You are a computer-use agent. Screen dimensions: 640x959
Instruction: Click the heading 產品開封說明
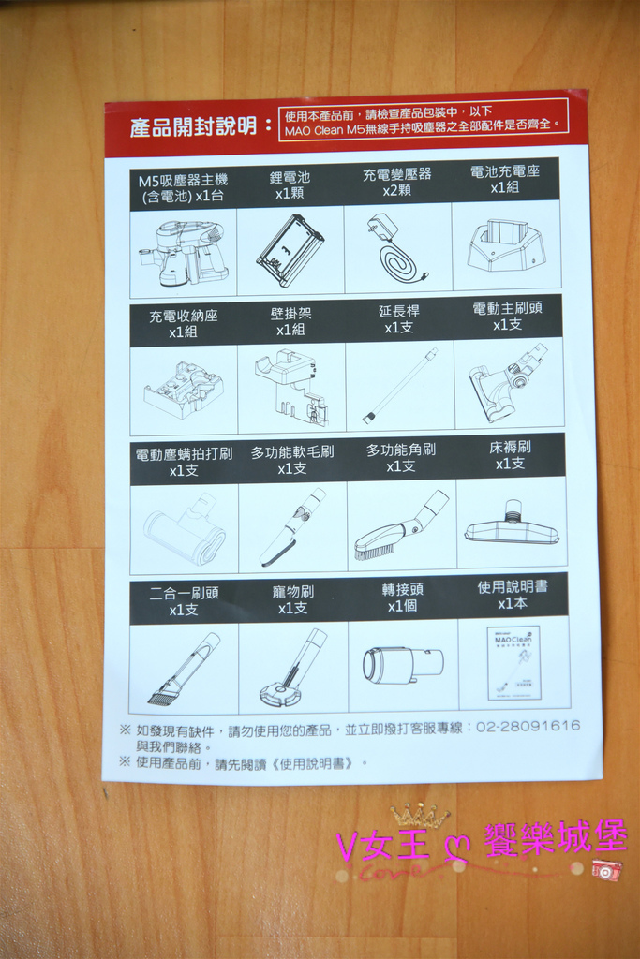click(x=193, y=126)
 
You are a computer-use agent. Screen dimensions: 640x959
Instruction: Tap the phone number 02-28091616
click(x=528, y=726)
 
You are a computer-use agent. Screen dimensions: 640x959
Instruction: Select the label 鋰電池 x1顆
click(x=290, y=185)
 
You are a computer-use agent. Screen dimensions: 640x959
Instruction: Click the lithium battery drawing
click(x=290, y=251)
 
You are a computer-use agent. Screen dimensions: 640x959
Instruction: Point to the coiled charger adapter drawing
click(x=397, y=249)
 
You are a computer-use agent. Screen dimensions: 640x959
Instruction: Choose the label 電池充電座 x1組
click(x=505, y=179)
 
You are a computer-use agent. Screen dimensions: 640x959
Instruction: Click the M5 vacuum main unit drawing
click(x=182, y=253)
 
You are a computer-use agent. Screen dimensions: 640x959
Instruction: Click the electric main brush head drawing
click(x=508, y=383)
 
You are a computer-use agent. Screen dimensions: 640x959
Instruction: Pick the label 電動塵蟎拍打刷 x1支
click(x=184, y=463)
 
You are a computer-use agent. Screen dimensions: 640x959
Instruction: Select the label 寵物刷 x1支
click(x=292, y=600)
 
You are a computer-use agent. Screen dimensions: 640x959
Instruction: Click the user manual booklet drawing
click(x=513, y=663)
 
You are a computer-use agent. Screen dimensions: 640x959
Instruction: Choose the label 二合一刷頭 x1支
click(x=184, y=601)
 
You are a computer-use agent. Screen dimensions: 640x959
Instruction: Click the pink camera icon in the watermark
click(x=606, y=870)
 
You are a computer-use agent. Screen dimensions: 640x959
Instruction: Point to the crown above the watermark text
click(x=419, y=816)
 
